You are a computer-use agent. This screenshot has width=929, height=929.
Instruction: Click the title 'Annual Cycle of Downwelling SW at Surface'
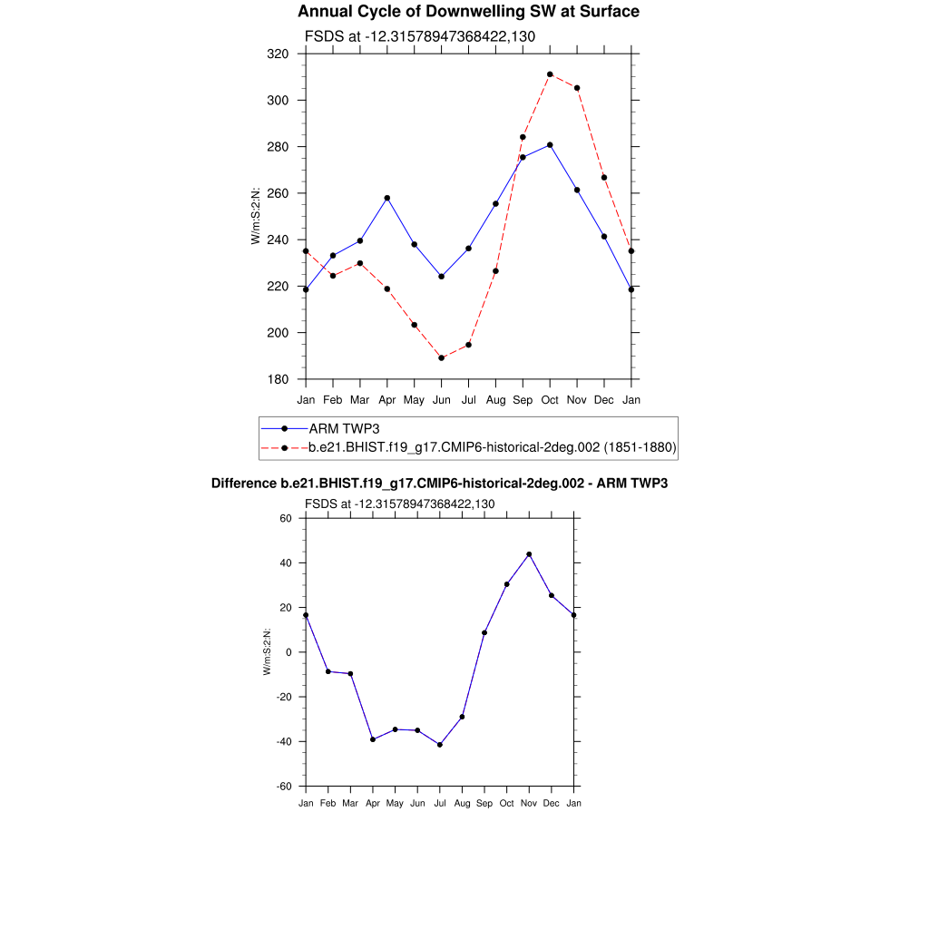click(x=468, y=12)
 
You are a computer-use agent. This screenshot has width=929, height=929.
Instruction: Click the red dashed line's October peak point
click(x=550, y=74)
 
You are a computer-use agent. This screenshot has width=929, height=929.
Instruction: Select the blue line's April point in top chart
click(x=387, y=198)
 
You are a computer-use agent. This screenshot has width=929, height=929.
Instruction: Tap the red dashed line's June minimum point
click(x=442, y=358)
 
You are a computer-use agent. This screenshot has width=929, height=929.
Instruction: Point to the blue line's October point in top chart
click(x=550, y=145)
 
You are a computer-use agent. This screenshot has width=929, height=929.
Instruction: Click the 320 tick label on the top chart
click(x=278, y=54)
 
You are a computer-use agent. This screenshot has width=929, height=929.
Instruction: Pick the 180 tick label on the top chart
click(x=278, y=379)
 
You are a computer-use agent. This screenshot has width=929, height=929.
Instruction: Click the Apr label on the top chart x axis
click(x=387, y=400)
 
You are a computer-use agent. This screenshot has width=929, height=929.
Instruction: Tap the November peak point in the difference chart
click(x=529, y=554)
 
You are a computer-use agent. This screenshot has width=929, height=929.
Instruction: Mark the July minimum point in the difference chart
click(x=440, y=745)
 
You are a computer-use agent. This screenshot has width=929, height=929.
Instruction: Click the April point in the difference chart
click(x=373, y=739)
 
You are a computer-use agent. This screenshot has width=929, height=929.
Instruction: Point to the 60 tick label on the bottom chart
click(x=285, y=519)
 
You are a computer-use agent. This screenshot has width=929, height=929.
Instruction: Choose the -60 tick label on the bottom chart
click(x=283, y=787)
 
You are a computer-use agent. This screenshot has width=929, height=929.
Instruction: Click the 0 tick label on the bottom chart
click(x=288, y=652)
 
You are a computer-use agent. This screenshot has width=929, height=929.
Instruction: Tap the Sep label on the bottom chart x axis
click(x=484, y=803)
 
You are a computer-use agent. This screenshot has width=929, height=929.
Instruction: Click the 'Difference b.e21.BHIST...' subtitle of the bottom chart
click(x=439, y=484)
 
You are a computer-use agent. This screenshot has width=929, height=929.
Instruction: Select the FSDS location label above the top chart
click(x=419, y=37)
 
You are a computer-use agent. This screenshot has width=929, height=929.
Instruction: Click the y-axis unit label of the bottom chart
click(x=267, y=652)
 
